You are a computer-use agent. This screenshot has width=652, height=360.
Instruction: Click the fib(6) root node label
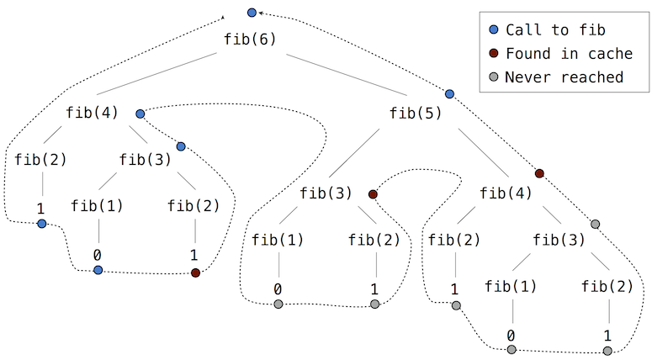[x=251, y=39]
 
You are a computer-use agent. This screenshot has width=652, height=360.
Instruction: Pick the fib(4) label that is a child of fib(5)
[x=506, y=193]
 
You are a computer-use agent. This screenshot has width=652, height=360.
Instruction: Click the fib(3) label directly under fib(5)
[x=326, y=193]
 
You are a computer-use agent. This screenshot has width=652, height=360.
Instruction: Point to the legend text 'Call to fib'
[x=555, y=30]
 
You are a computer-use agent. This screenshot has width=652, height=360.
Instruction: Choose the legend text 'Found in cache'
[x=569, y=54]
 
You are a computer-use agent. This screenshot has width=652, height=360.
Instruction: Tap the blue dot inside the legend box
[x=494, y=30]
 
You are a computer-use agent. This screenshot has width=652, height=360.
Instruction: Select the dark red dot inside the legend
[x=494, y=54]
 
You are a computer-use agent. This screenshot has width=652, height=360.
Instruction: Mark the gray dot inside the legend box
[x=494, y=77]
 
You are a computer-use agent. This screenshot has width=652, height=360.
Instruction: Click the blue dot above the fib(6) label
[x=252, y=12]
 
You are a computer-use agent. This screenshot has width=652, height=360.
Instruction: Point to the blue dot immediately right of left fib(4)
[x=140, y=113]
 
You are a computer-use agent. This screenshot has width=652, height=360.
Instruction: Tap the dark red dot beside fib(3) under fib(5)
[x=373, y=194]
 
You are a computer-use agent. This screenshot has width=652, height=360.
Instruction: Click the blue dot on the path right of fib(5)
[x=449, y=93]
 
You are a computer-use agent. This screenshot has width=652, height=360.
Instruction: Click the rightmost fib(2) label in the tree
[x=607, y=285]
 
